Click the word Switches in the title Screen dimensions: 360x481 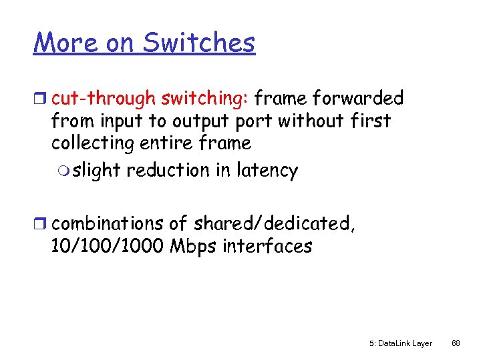click(198, 43)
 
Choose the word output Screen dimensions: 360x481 click(200, 121)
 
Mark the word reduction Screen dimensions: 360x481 click(168, 171)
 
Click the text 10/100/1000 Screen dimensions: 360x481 click(108, 246)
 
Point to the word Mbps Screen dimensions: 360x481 click(194, 246)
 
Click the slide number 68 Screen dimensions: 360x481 click(456, 344)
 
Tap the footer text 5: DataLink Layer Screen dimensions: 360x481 click(400, 344)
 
